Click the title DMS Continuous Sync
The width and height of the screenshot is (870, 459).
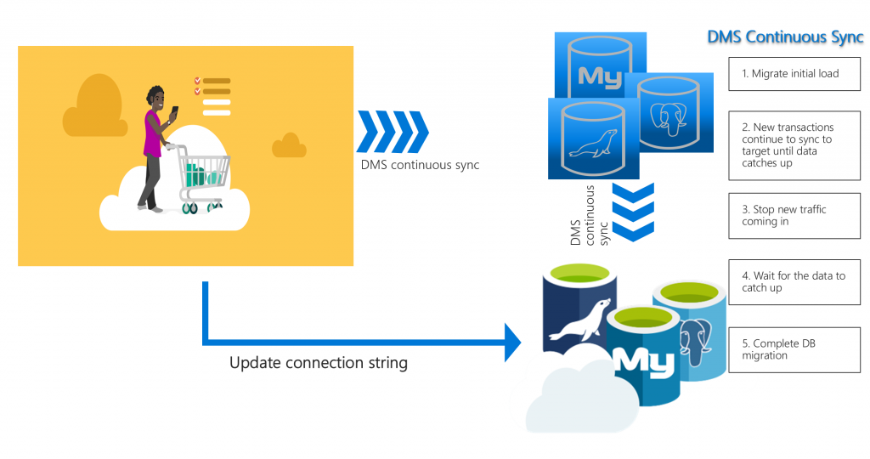[x=785, y=38]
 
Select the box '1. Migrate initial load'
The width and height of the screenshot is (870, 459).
[x=794, y=74]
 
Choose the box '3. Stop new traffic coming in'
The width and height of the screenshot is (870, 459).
[x=794, y=216]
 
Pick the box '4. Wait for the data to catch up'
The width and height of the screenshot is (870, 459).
[x=794, y=281]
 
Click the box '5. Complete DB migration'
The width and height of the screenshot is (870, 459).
[x=794, y=349]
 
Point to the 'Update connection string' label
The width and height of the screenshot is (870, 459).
[x=319, y=363]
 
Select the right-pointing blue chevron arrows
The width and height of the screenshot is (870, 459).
[x=393, y=132]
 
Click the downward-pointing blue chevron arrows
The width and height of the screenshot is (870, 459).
[x=633, y=212]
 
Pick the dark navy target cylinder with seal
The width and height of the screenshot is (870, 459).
[x=578, y=314]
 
